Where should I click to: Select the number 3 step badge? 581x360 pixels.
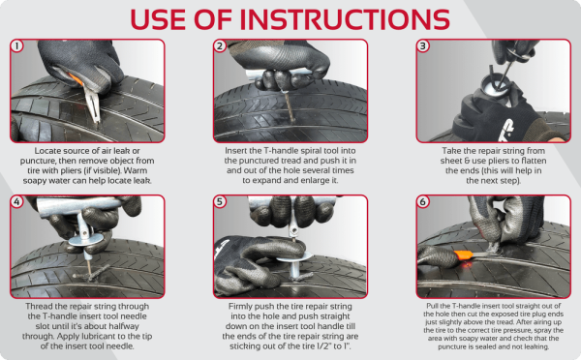(422, 46)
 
